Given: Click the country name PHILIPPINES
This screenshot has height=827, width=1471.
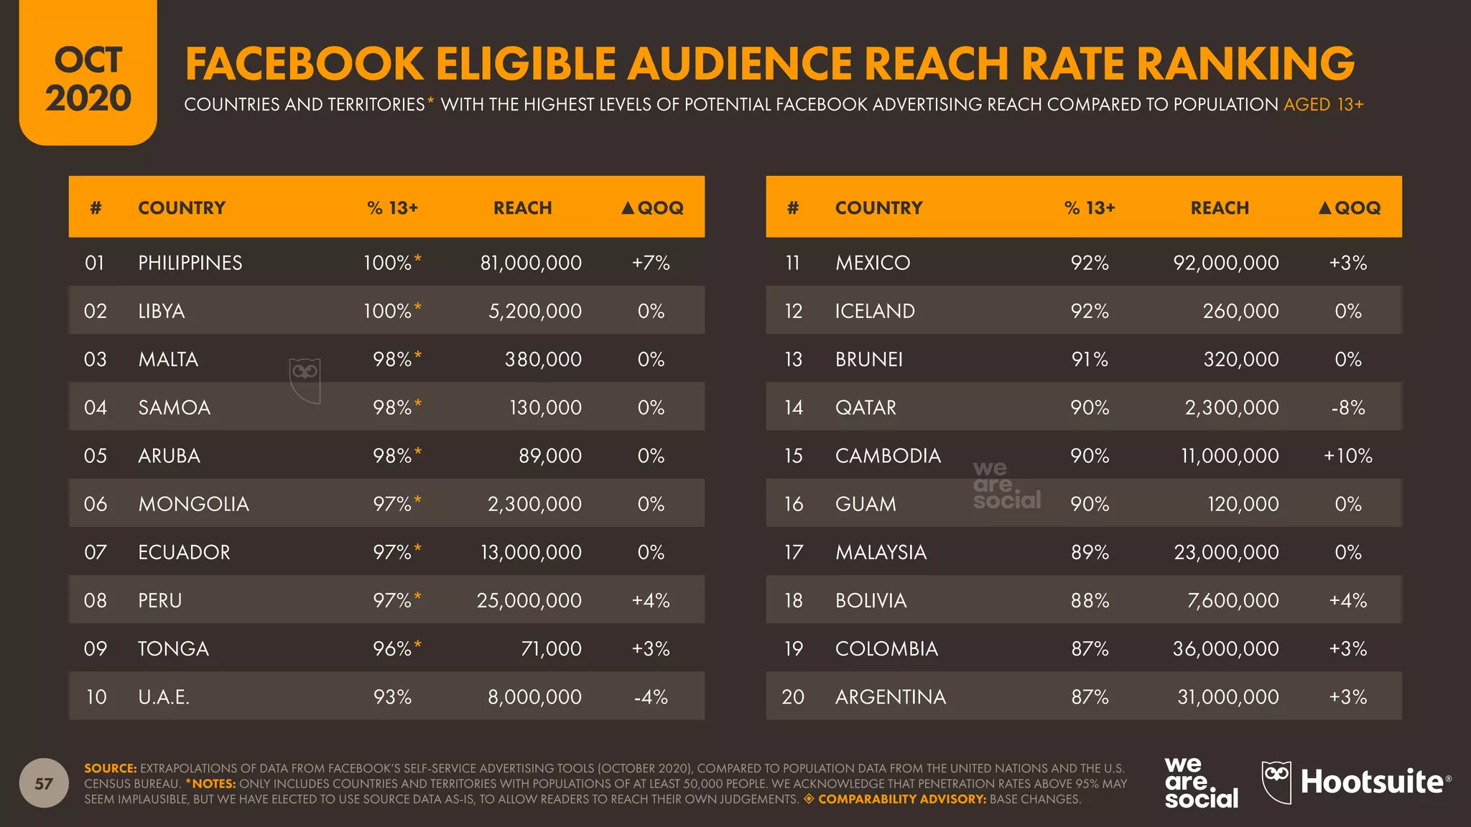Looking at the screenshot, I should tap(190, 263).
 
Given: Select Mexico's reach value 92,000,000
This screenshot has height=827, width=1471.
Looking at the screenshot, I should tap(1225, 263).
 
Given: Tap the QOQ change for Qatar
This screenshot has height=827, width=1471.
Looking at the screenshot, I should tap(1347, 408).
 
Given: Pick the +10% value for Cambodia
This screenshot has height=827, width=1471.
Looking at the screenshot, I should tap(1347, 456).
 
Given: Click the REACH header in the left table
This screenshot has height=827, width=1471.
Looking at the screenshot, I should tap(522, 208).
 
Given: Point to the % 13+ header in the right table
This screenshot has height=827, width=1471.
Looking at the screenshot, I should tap(1089, 208).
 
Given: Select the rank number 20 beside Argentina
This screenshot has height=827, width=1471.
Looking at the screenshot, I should tap(792, 697).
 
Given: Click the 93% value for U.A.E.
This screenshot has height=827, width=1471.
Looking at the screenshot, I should tap(392, 697).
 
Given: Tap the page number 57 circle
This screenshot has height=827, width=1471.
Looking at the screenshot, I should tap(44, 783).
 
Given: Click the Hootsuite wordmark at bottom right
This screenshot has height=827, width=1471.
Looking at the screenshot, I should tap(1372, 782).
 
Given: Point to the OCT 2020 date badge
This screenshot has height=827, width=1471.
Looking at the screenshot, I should tap(88, 79).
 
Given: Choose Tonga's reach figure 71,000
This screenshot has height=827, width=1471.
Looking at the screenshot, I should tap(551, 649).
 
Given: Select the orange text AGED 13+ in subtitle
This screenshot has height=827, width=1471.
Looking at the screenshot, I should tap(1323, 105).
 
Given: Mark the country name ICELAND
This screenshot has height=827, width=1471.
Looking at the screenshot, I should tap(874, 311).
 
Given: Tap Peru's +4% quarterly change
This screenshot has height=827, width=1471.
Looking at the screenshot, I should tap(650, 601).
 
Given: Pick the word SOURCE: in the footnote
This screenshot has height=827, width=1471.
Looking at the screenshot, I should tap(110, 768).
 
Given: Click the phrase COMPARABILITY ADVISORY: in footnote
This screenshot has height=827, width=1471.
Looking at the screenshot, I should tap(901, 799).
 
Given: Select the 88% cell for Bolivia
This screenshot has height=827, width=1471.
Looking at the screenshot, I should tap(1089, 601).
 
